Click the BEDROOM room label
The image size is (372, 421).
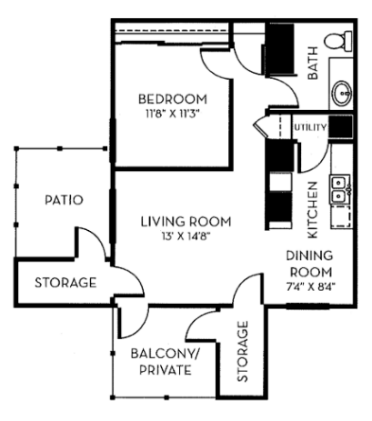(x=172, y=98)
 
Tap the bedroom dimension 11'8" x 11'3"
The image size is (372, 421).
(x=172, y=114)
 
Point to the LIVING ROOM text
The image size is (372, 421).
(x=185, y=221)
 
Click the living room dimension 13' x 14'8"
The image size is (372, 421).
(x=185, y=236)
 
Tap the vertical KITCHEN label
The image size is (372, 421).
(x=312, y=201)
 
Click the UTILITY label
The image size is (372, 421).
(x=309, y=127)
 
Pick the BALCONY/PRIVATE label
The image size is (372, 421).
(x=159, y=362)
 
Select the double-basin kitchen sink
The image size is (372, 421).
(x=340, y=188)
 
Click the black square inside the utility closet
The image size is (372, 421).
(x=339, y=127)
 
